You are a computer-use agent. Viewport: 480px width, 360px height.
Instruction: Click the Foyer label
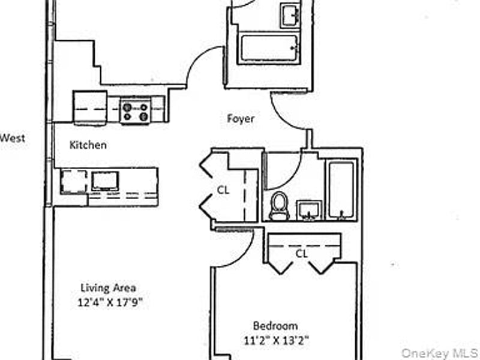(x=240, y=119)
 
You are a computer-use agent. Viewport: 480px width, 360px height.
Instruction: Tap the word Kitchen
(x=88, y=145)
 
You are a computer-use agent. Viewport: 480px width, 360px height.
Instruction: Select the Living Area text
(x=109, y=287)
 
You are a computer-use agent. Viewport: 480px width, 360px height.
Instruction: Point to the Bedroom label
(x=275, y=326)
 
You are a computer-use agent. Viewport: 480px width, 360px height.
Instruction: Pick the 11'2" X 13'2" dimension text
(x=276, y=341)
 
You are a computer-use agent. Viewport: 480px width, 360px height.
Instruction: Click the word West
(x=12, y=138)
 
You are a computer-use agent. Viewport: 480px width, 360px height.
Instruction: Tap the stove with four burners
(x=134, y=110)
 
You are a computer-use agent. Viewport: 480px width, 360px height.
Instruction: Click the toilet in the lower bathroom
(x=278, y=206)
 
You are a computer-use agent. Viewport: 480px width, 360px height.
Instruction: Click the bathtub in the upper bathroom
(x=269, y=49)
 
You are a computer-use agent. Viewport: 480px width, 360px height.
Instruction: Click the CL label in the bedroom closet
(x=302, y=254)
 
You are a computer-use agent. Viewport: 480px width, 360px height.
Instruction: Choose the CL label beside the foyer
(x=223, y=190)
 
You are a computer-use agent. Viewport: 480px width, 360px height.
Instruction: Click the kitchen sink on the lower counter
(x=104, y=181)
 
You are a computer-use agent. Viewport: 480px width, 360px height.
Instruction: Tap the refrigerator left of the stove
(x=90, y=107)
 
